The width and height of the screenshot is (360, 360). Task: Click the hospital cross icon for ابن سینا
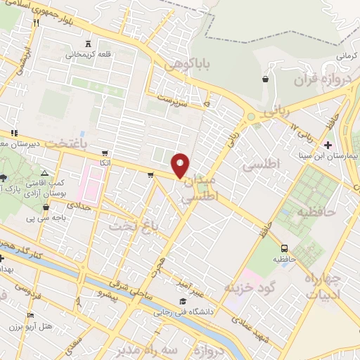coord(328,144)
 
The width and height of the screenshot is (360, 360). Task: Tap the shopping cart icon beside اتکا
coord(105,152)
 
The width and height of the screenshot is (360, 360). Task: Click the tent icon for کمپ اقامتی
coord(45,172)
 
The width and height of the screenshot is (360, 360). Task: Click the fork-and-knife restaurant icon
coord(36,22)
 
